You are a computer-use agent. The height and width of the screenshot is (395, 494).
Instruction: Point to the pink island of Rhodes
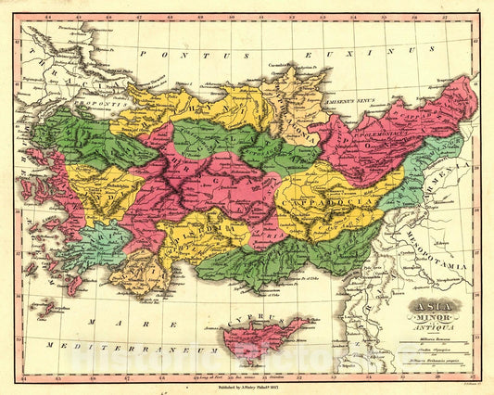[73, 280]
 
